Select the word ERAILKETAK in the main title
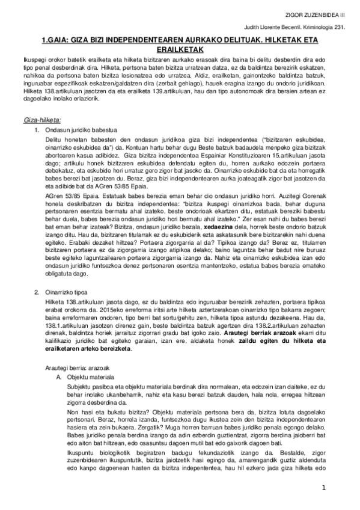[x=180, y=51]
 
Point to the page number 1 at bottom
[x=323, y=487]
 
